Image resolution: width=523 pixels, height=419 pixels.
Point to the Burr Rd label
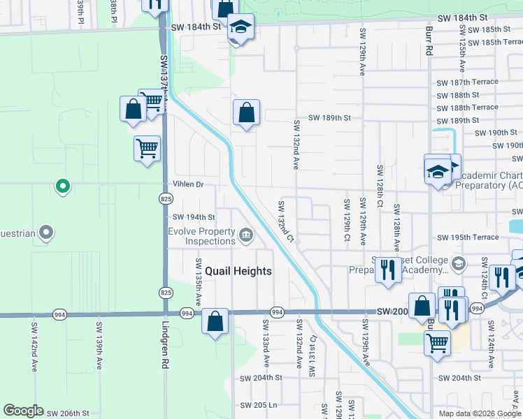(428, 41)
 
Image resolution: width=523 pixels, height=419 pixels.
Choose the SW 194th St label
(194, 217)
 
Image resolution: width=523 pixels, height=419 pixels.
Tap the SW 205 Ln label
(259, 405)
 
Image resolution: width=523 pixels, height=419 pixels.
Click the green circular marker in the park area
(62, 186)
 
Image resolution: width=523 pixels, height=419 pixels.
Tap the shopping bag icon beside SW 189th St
(246, 113)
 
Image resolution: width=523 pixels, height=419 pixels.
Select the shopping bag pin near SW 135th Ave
(216, 322)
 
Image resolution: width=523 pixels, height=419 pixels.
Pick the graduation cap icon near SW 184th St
(240, 27)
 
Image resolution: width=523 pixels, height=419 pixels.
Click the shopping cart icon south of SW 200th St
(437, 343)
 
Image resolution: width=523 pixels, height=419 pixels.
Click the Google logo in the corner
(22, 411)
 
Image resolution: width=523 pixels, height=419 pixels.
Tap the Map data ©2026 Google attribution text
(479, 413)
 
